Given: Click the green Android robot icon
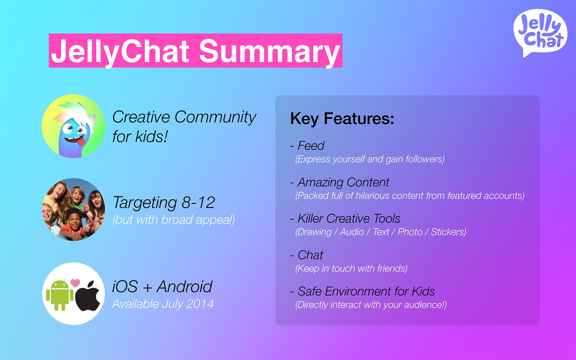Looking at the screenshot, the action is tap(60, 295).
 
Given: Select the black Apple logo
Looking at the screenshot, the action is tap(88, 296).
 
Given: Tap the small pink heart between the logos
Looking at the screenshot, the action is tap(75, 283).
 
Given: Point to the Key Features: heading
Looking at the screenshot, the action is tap(342, 119).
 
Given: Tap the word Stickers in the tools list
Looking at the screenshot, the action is tap(448, 232).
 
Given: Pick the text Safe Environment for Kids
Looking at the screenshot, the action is tap(366, 291).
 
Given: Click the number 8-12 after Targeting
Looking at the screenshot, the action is tap(198, 202).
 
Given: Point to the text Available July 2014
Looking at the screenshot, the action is tap(163, 304).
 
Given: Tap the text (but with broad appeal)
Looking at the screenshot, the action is tap(174, 220).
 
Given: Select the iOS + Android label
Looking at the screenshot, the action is tap(162, 286).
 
